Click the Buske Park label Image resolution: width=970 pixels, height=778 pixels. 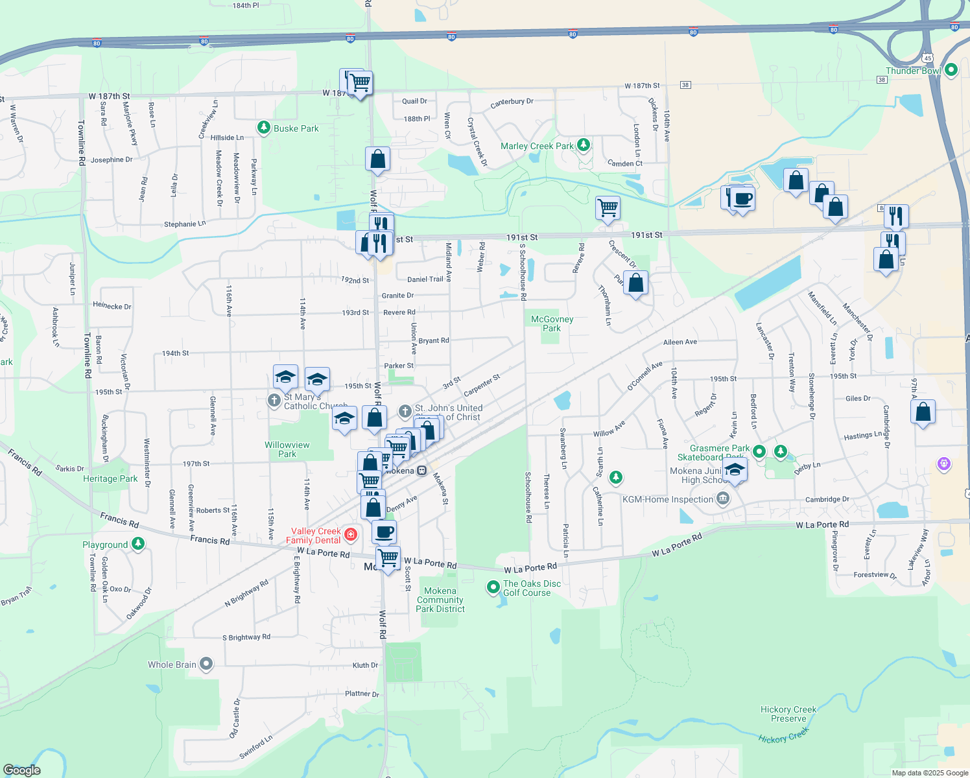296,128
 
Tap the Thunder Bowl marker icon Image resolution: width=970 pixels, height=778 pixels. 951,70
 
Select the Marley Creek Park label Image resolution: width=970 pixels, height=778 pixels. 537,146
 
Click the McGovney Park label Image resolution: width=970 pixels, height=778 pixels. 552,324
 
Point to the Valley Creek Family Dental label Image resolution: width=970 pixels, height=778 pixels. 313,536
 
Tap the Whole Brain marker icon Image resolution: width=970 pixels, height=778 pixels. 206,664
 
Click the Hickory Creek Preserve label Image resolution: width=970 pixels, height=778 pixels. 788,714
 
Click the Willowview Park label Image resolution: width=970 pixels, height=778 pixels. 287,449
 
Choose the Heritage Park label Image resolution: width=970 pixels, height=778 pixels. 110,478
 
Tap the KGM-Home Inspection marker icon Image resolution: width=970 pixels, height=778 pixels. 723,499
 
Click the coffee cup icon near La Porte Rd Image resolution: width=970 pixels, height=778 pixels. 384,532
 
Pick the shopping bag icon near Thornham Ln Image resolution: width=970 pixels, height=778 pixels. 636,283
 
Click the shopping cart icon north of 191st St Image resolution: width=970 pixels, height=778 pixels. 608,208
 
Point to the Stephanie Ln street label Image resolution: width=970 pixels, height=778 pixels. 185,224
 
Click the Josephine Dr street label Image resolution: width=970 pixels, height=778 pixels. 112,160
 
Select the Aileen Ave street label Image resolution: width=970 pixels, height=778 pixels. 680,342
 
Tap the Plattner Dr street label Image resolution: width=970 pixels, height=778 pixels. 362,694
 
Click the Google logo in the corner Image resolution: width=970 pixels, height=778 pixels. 22,770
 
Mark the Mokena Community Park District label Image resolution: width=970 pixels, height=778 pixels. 440,600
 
